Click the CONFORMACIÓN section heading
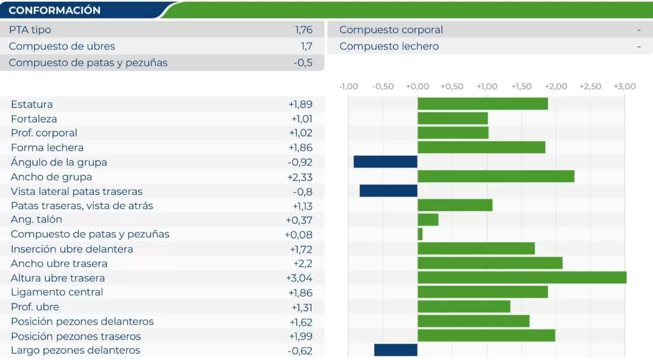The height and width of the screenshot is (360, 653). pyautogui.click(x=55, y=10)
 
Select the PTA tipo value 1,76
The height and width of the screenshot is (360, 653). pyautogui.click(x=303, y=30)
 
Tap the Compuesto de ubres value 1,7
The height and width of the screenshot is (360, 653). pyautogui.click(x=306, y=46)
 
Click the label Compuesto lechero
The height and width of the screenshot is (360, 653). pyautogui.click(x=389, y=46)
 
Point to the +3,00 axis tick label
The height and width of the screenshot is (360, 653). pyautogui.click(x=624, y=87)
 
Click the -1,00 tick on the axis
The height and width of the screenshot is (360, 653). pyautogui.click(x=349, y=87)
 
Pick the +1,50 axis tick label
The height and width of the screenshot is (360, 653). pyautogui.click(x=521, y=87)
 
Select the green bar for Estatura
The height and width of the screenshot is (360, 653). pyautogui.click(x=482, y=104)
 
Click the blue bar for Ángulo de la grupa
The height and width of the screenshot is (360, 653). pyautogui.click(x=386, y=162)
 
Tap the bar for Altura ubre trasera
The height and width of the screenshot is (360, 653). pyautogui.click(x=522, y=277)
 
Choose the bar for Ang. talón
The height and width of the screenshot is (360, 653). pyautogui.click(x=428, y=220)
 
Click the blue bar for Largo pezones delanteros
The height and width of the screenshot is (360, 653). pyautogui.click(x=396, y=350)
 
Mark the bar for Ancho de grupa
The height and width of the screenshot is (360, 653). pyautogui.click(x=496, y=176)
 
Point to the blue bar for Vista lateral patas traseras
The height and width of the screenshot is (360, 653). pyautogui.click(x=389, y=191)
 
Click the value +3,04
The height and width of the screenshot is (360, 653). pyautogui.click(x=299, y=278)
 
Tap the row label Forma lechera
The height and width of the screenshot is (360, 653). pyautogui.click(x=47, y=147)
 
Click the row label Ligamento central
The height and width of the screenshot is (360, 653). pyautogui.click(x=56, y=292)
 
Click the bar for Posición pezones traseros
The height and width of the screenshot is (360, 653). pyautogui.click(x=486, y=336)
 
